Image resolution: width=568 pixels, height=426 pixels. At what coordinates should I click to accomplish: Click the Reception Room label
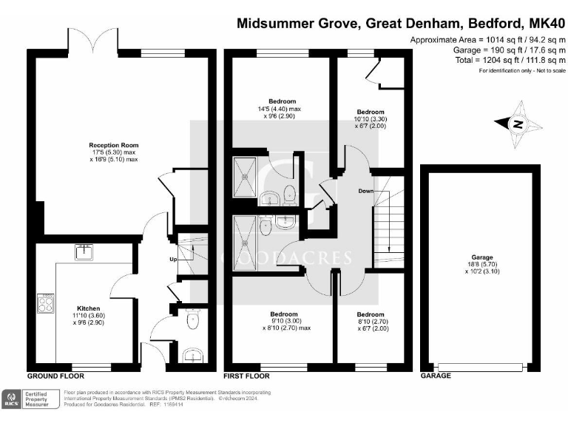[x=114, y=152]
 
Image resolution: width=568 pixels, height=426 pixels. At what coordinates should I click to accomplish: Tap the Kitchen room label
[x=88, y=314]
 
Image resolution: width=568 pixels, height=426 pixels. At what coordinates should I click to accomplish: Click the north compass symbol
[x=517, y=124]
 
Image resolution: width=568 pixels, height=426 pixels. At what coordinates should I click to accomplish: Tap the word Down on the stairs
[x=365, y=191]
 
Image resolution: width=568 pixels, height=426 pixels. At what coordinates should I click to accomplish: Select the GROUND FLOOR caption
[x=53, y=376]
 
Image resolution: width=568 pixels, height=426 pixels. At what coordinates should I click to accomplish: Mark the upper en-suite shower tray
[x=244, y=177]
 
